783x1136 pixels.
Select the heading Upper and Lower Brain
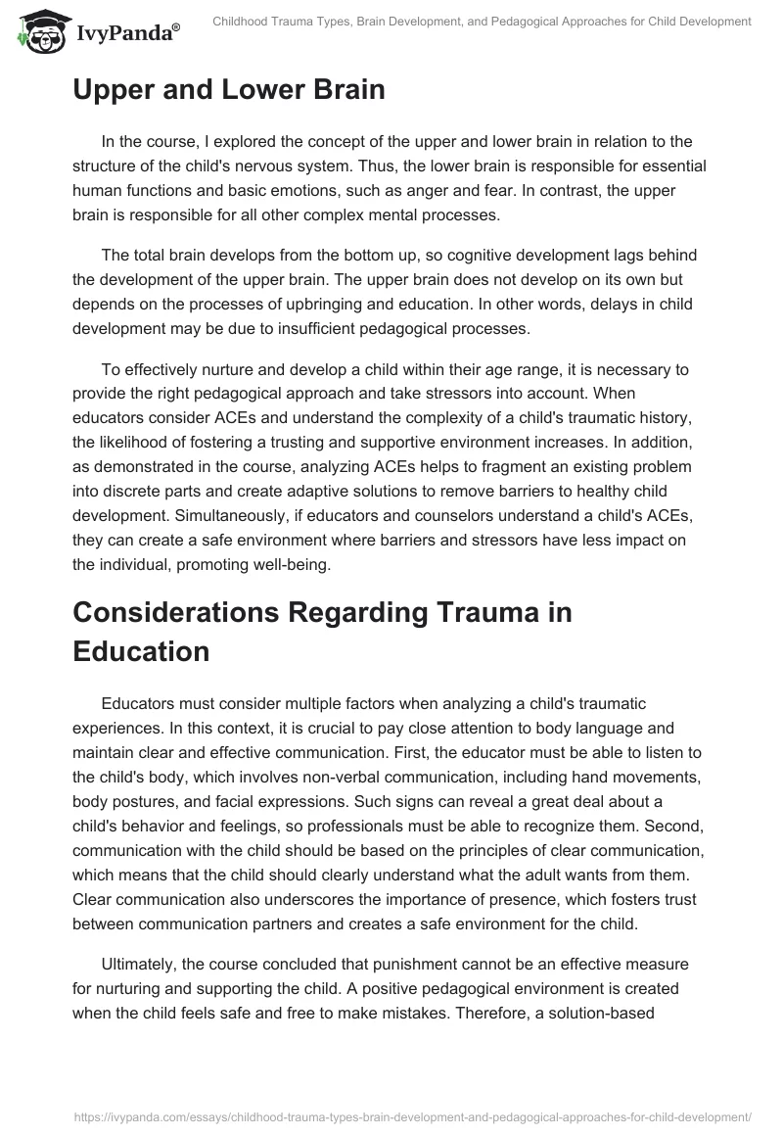229,89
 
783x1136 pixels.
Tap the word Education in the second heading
141,652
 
